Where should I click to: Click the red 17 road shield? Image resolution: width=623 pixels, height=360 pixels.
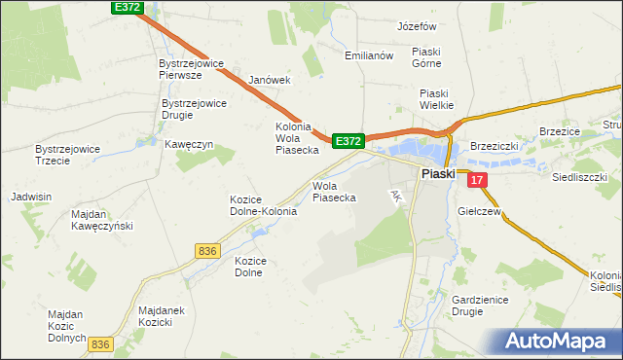coord(476,180)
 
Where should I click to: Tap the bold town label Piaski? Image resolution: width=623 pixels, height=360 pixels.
coord(438,174)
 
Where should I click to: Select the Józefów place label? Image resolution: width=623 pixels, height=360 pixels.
coord(418,26)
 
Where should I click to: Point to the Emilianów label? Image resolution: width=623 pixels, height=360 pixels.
coord(368,55)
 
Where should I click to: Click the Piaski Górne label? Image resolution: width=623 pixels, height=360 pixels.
coord(426,57)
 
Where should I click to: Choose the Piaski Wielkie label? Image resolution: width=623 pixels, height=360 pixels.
coord(438,99)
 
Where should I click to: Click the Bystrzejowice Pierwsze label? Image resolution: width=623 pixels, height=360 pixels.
coord(193,69)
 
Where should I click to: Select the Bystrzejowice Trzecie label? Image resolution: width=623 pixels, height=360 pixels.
coord(67,155)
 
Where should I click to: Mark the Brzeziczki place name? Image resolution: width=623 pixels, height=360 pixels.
coord(495,145)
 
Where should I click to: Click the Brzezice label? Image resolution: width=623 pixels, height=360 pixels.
coord(560,132)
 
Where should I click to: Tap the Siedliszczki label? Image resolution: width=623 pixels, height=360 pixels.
coord(579,178)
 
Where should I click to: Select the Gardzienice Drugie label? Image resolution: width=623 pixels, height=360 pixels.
coord(480,306)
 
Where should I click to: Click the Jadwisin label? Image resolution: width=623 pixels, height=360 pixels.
coord(30,197)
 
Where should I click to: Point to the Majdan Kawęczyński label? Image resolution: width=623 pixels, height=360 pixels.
coord(101,220)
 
